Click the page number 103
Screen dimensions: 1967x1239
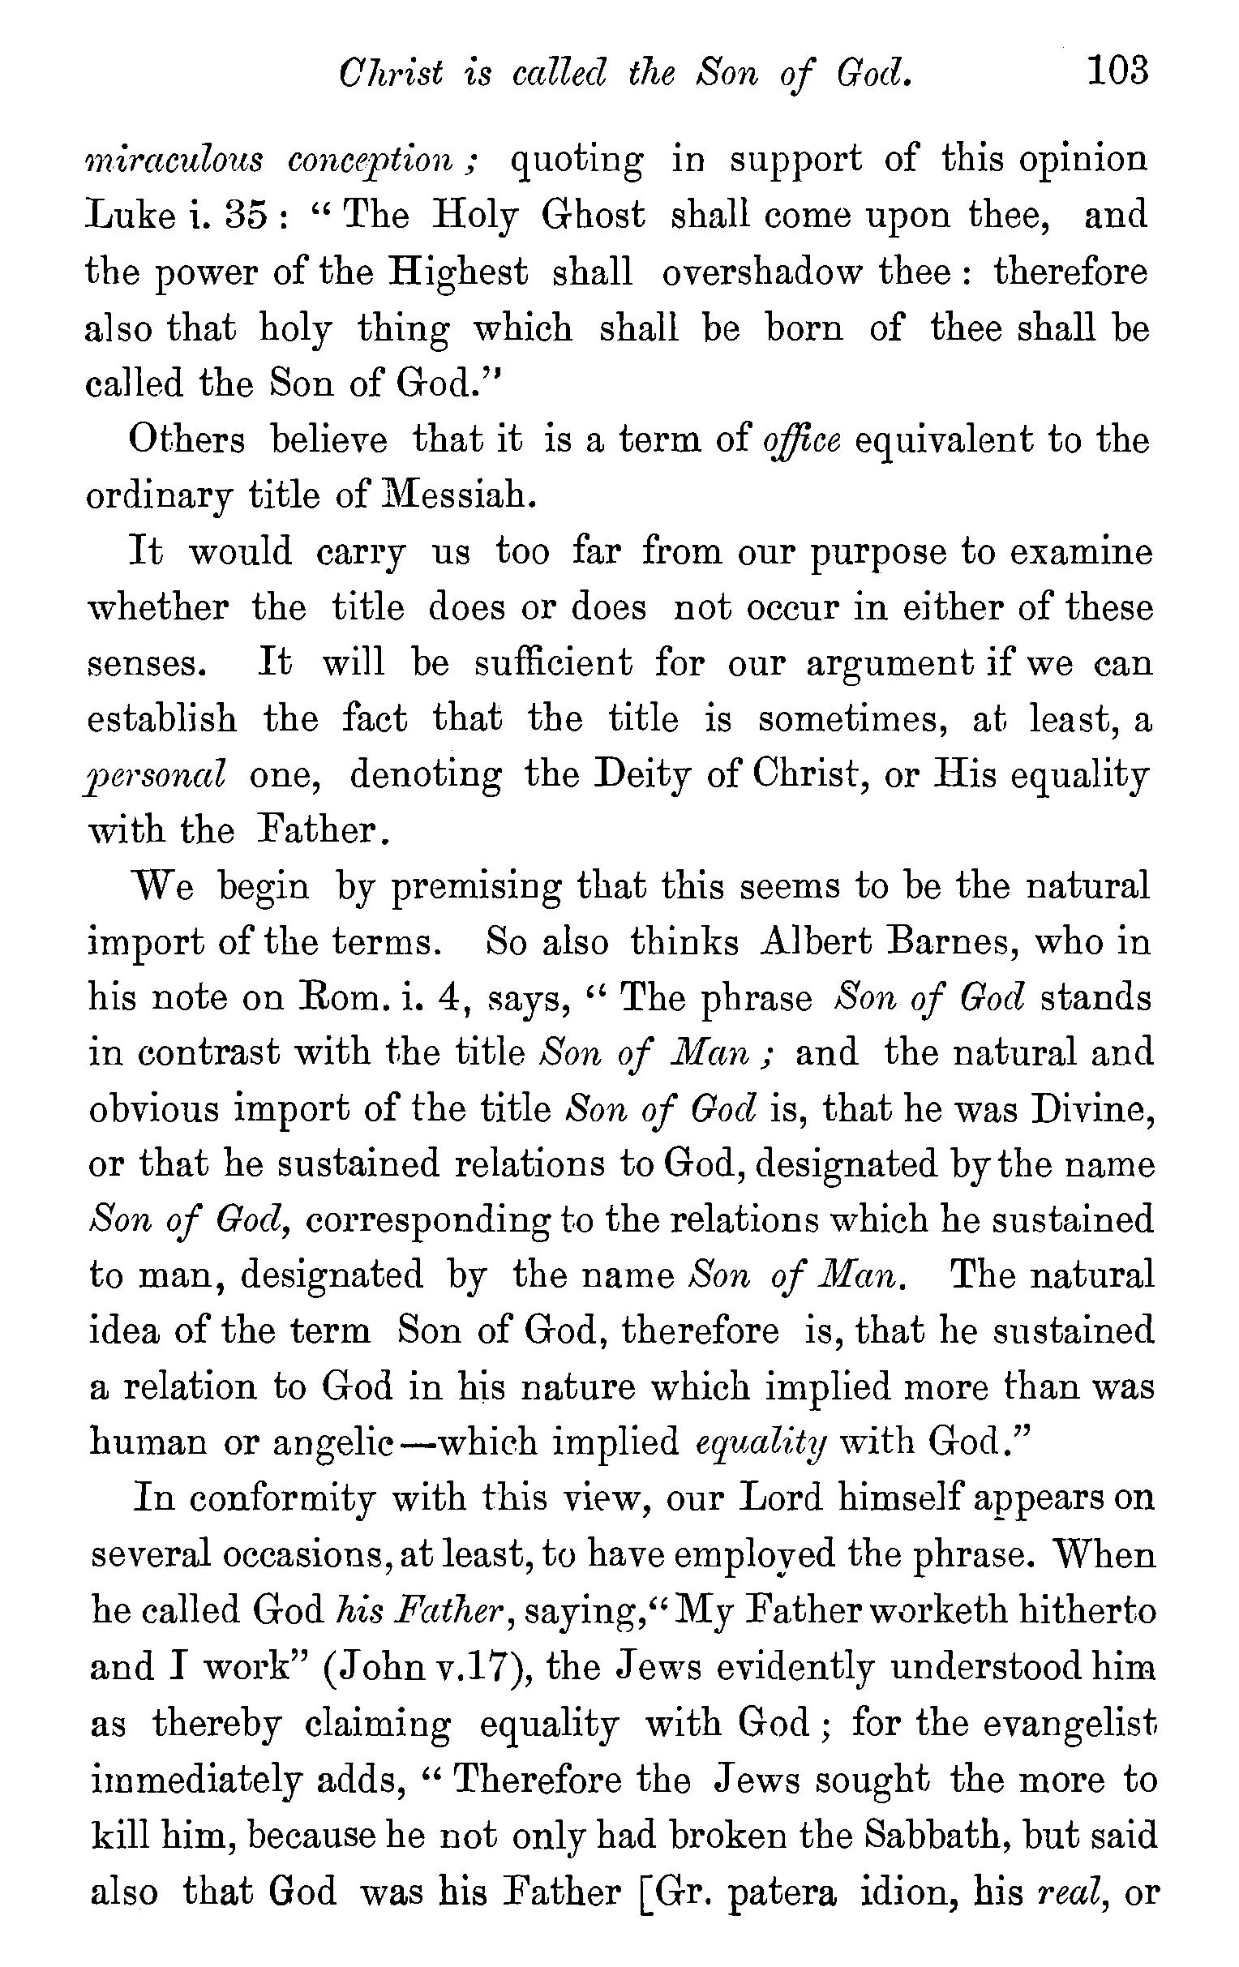pos(1117,72)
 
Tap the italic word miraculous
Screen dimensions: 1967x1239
pos(174,159)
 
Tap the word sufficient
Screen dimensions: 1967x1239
pos(554,663)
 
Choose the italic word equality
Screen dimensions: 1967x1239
pos(761,1444)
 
